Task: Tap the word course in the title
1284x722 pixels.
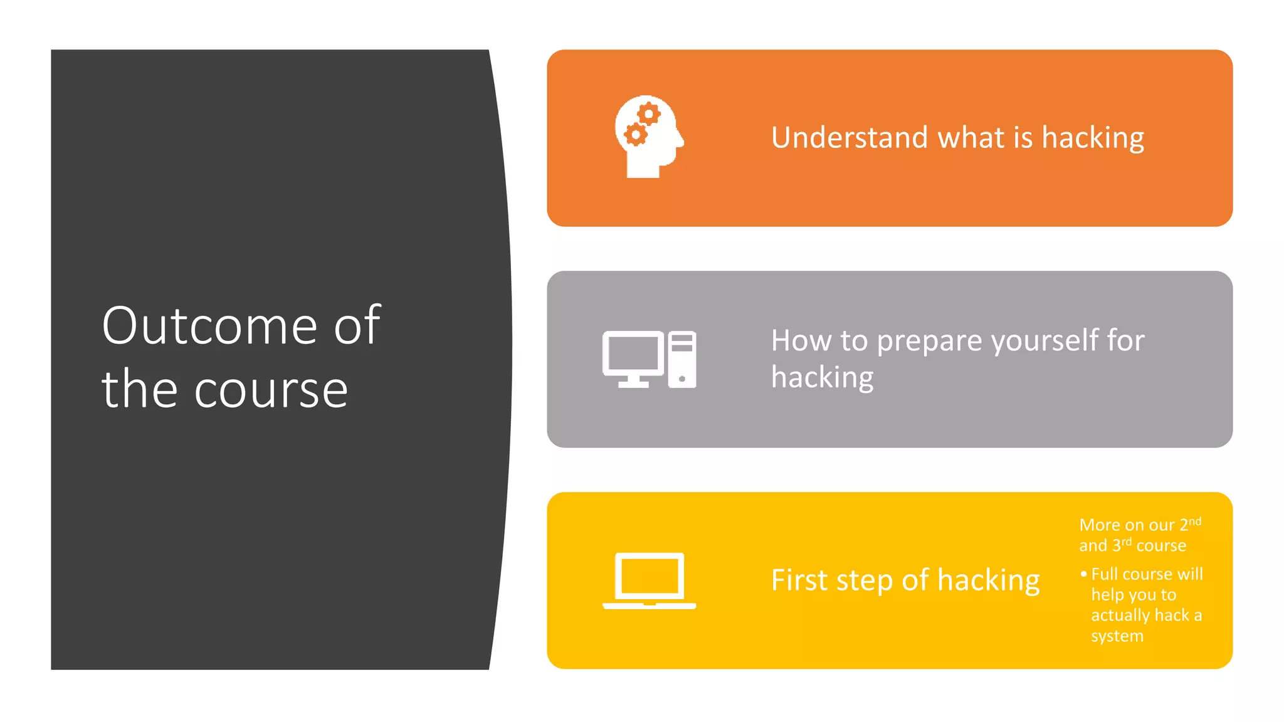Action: coord(271,390)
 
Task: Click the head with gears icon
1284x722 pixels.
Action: coord(648,137)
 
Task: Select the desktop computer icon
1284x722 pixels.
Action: coord(649,359)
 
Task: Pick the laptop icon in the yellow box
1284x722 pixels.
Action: coord(649,580)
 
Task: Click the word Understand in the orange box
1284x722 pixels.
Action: coord(849,137)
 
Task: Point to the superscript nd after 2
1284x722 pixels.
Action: coord(1195,521)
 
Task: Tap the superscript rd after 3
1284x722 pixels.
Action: coord(1127,541)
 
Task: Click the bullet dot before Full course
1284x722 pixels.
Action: coord(1083,573)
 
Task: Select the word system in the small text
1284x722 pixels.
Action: coord(1117,636)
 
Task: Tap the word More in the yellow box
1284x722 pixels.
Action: coord(1099,525)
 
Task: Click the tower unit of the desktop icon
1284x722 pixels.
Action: coord(682,359)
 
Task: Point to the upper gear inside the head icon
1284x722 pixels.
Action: coord(649,115)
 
